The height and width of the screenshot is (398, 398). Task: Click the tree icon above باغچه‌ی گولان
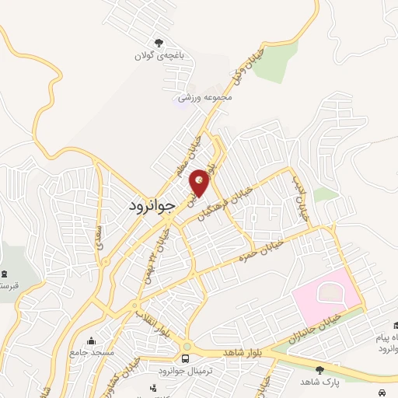(160, 44)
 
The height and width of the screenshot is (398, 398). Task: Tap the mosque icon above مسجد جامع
(92, 340)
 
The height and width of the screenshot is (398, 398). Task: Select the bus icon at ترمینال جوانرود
(185, 358)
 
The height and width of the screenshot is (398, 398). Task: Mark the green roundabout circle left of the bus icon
(187, 345)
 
